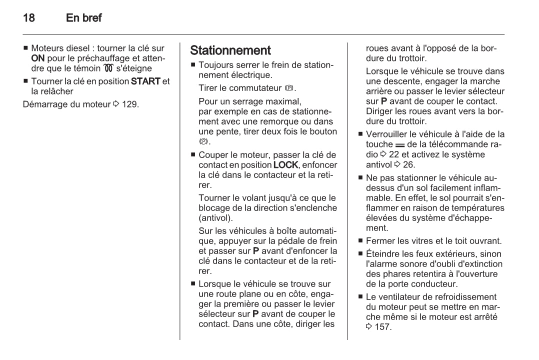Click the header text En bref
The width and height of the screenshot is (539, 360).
coord(84,18)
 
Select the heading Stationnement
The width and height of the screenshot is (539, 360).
coord(230,50)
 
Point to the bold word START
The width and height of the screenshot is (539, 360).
coord(145,81)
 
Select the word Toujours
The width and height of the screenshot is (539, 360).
coord(215,65)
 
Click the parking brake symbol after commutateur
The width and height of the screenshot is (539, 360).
coord(286,88)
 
